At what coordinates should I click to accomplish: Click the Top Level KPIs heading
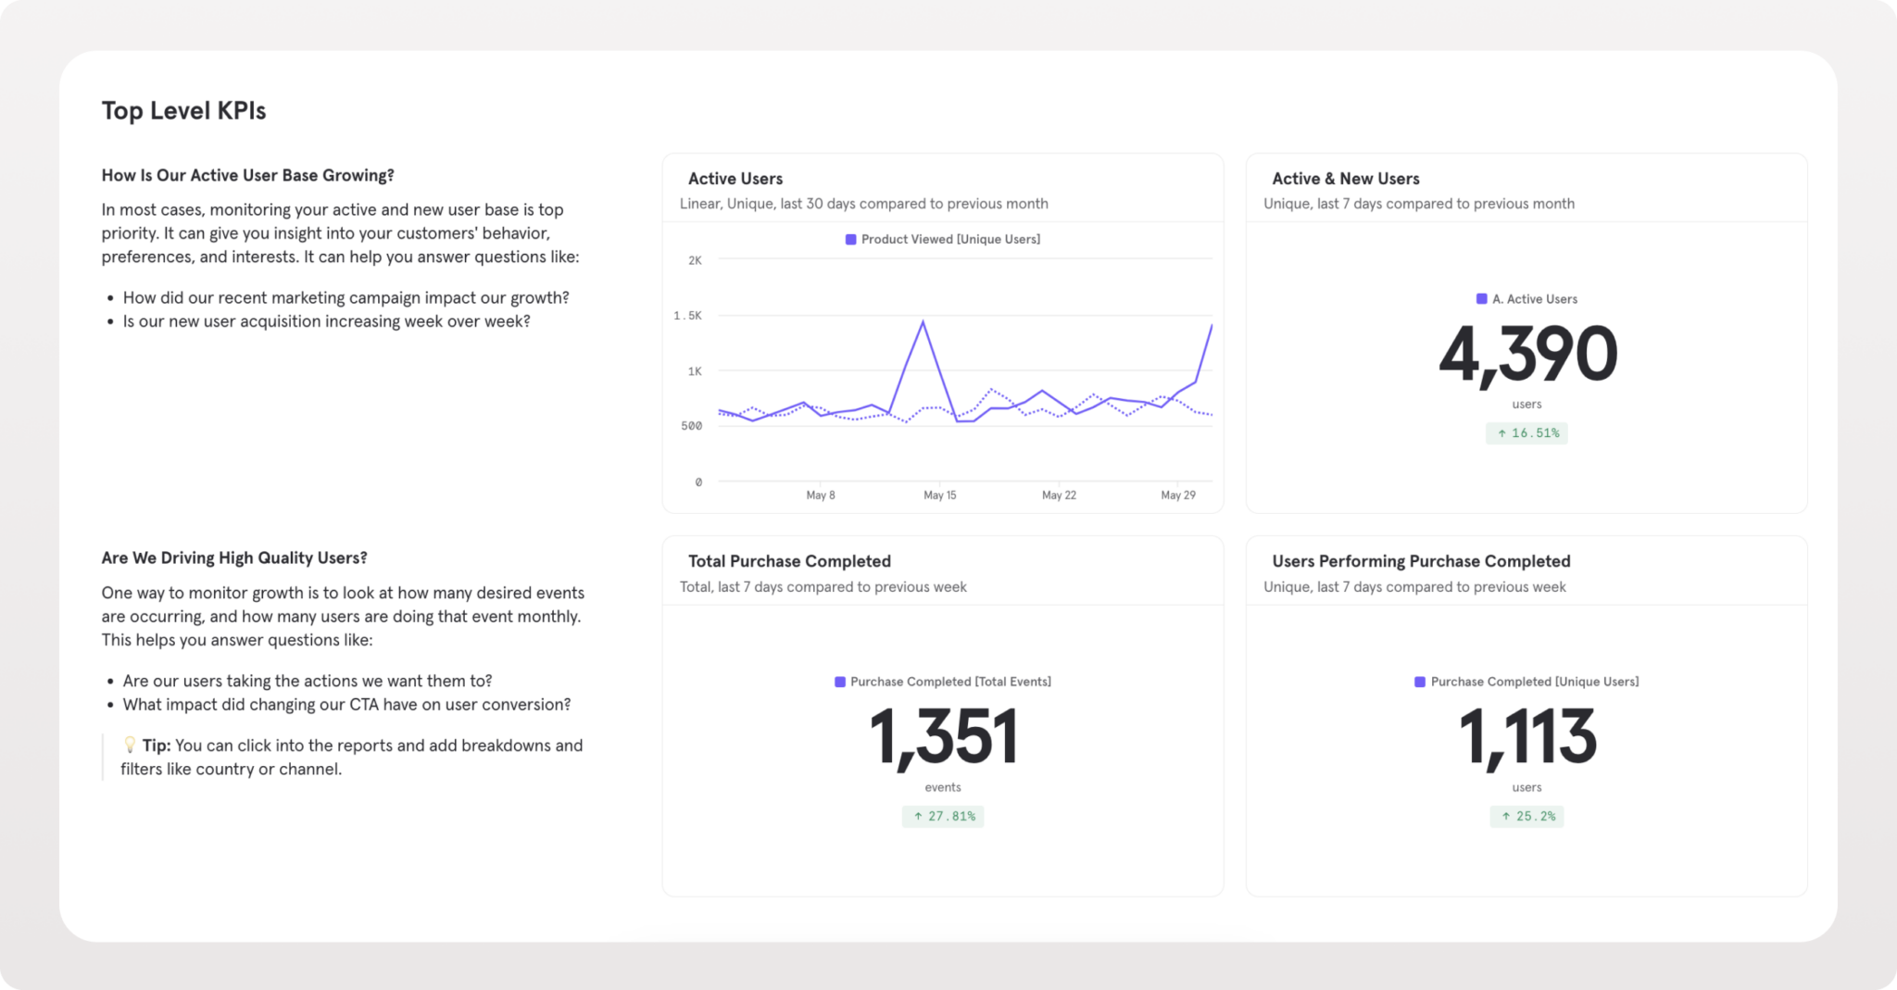click(x=183, y=111)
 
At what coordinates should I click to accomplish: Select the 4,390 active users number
click(x=1527, y=355)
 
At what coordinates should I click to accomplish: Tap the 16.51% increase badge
click(x=1526, y=432)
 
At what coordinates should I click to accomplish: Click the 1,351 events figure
click(x=943, y=738)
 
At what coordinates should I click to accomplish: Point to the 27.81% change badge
click(x=943, y=816)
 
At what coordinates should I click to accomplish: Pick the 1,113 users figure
click(x=1527, y=738)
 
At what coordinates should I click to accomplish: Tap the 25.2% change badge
click(x=1526, y=816)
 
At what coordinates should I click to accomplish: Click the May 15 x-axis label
click(x=939, y=495)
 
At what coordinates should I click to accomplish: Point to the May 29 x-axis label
click(x=1178, y=495)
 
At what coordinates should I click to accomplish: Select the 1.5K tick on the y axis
click(x=687, y=316)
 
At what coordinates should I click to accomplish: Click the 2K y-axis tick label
click(x=695, y=260)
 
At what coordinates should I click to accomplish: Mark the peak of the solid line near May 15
click(x=923, y=321)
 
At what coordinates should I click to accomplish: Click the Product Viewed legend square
click(x=850, y=239)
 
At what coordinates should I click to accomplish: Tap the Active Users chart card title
click(x=735, y=179)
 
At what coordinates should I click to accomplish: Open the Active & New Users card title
click(x=1345, y=179)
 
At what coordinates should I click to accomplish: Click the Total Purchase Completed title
click(x=789, y=561)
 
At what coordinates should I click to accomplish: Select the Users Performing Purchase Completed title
click(x=1421, y=561)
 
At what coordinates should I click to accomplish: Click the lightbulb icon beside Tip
click(x=130, y=745)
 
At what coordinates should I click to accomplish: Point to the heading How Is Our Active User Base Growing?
click(x=247, y=176)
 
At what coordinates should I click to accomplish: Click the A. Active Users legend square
click(x=1481, y=298)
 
